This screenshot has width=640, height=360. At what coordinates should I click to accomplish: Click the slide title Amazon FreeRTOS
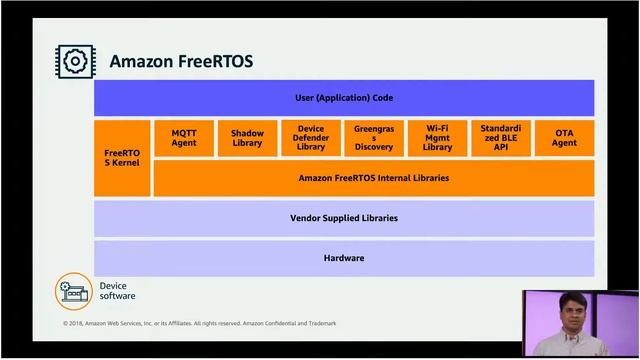tap(180, 62)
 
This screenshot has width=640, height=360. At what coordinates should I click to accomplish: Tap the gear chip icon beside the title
tap(74, 61)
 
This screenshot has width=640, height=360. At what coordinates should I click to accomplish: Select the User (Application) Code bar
tap(344, 98)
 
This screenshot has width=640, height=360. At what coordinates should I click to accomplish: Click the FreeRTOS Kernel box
tap(122, 158)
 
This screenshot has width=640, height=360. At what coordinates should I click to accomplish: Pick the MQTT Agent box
tap(184, 138)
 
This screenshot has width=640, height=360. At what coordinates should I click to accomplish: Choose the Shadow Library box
tap(247, 138)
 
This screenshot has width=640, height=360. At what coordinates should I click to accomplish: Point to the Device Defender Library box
tap(311, 138)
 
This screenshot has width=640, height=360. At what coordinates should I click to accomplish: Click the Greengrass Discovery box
tap(374, 138)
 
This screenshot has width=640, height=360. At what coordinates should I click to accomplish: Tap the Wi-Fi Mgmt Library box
tap(437, 138)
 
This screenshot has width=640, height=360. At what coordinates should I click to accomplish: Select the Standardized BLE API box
tap(500, 138)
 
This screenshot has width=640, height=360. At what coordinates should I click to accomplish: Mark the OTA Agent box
tap(564, 138)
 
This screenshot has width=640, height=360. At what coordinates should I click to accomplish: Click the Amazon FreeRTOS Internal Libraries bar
tap(373, 178)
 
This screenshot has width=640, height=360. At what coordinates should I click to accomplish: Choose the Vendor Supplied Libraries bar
tap(344, 218)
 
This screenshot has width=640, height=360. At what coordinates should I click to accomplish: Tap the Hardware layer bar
tap(344, 258)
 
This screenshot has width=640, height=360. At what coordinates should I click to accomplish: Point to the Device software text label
tap(117, 291)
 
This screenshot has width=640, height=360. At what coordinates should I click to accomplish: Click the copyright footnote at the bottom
tap(200, 323)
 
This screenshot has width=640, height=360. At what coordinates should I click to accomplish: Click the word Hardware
tap(344, 258)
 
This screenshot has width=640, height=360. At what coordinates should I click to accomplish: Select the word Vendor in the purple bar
tap(306, 218)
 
